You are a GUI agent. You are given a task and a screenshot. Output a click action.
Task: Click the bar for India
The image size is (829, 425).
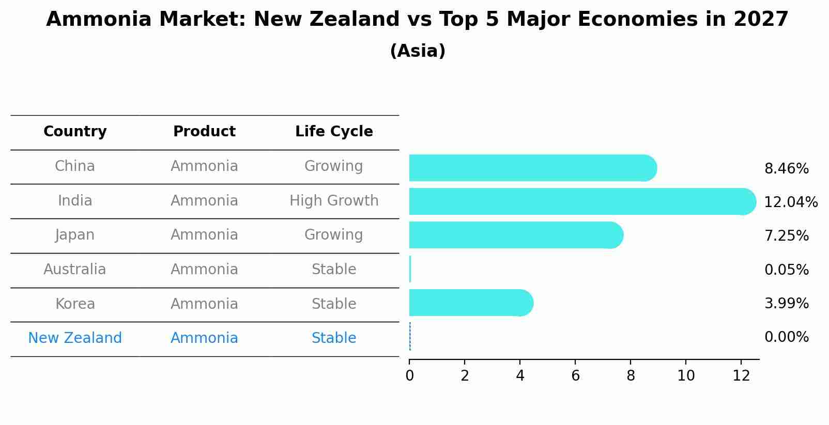point(579,201)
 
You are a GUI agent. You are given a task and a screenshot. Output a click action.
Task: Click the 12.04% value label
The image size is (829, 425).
point(790,202)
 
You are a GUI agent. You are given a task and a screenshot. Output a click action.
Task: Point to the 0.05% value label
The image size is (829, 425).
point(786,270)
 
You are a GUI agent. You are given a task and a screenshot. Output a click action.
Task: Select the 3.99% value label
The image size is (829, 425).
point(786,303)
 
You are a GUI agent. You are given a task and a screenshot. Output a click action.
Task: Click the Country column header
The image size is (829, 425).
point(75,132)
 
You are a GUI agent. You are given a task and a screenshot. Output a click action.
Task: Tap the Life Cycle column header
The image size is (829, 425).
point(334,132)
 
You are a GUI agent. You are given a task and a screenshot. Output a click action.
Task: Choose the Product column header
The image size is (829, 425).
point(204,132)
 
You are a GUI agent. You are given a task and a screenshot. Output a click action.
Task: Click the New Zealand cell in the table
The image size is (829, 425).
point(75,338)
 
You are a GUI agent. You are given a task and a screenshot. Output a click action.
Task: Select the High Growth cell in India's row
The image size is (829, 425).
point(334,200)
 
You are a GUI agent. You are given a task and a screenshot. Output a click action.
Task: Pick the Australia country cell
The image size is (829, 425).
point(75,269)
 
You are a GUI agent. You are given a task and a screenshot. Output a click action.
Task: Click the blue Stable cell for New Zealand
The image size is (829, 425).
point(334,338)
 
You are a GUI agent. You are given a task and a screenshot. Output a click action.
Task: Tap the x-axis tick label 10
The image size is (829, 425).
point(686,376)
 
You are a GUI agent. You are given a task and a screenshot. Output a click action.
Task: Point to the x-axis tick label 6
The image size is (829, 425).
point(575,376)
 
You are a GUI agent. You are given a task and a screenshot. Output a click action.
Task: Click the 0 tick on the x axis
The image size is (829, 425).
point(409,376)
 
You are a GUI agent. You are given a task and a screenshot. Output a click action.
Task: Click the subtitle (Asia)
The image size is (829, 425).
point(418,51)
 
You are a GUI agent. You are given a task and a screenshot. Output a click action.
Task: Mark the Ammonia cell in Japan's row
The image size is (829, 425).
point(204,234)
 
